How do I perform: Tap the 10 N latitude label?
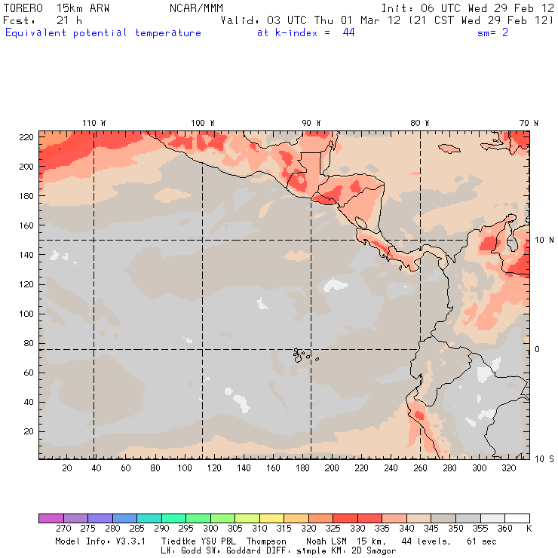[x=544, y=240]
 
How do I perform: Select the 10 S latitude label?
[x=544, y=458]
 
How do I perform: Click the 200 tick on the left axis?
[x=26, y=166]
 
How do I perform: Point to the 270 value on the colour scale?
[x=63, y=529]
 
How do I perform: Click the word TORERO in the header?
[x=23, y=8]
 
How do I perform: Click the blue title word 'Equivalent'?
[x=35, y=33]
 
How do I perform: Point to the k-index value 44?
[x=348, y=33]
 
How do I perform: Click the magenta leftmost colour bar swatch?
[x=51, y=518]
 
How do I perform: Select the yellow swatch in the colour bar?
[x=271, y=518]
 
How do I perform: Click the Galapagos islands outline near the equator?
[x=301, y=354]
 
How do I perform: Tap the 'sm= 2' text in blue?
[x=494, y=33]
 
